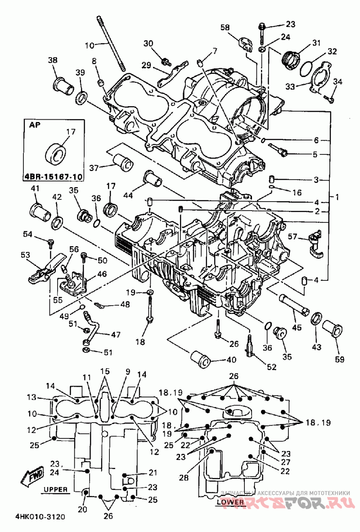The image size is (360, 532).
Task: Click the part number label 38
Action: [53, 60]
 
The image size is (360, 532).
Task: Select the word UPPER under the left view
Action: [55, 489]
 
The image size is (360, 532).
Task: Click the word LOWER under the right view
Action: [230, 502]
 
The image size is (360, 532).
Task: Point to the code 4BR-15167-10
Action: [54, 176]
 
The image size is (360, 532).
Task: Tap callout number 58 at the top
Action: [225, 27]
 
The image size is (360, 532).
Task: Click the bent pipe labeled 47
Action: [93, 328]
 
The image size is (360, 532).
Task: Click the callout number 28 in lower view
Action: [184, 478]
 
